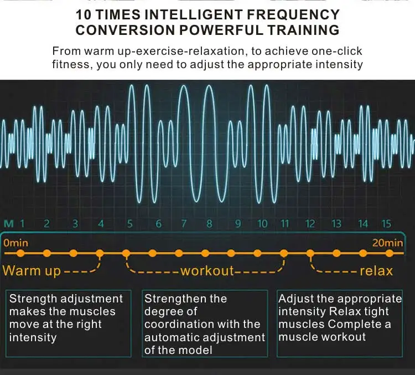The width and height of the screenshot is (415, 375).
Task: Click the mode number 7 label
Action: point(184,224)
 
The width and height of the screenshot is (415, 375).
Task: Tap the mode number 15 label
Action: point(386,224)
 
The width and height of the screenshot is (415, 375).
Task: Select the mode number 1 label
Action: point(22,224)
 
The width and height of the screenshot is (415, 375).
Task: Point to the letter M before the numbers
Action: point(9,224)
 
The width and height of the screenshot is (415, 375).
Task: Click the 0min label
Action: point(15,243)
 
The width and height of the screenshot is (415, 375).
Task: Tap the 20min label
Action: point(387,243)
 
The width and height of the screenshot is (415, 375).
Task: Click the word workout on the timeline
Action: point(207,271)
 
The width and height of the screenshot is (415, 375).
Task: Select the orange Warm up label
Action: point(32,271)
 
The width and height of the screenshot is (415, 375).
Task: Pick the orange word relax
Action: point(376,271)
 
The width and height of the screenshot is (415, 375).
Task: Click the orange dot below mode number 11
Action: point(284,253)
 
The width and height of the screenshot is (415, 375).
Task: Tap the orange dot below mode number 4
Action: point(100,253)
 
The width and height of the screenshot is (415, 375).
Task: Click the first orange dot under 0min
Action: point(20,253)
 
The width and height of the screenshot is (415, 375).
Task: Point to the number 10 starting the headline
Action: point(84,14)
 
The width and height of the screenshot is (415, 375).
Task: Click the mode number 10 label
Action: point(262,224)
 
